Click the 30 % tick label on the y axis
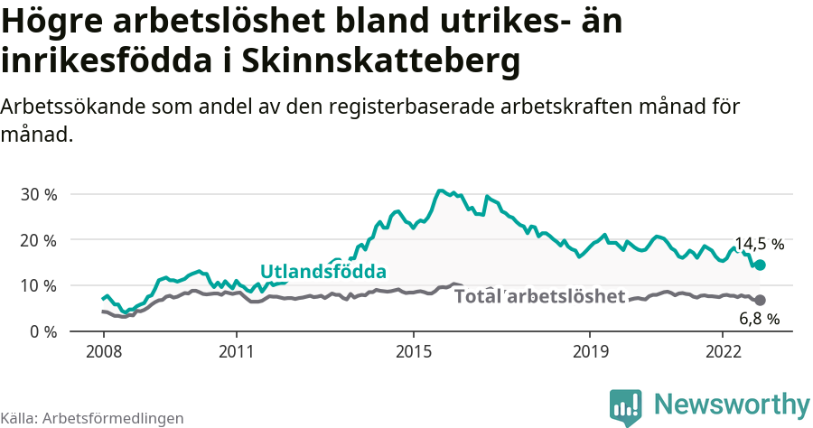pos(39,194)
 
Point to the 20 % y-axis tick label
pos(39,240)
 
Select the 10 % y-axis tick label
pos(39,285)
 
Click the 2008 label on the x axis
pos(103,350)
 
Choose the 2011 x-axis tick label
pos(236,350)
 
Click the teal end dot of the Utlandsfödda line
pos(761,265)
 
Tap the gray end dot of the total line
pos(761,300)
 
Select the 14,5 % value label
pos(759,244)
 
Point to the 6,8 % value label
pos(759,319)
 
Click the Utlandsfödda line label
pos(323,272)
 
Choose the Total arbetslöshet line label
pos(539,296)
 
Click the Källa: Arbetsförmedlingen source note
pos(92,418)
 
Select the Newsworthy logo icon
pos(626,407)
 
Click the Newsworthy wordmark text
pos(732,404)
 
